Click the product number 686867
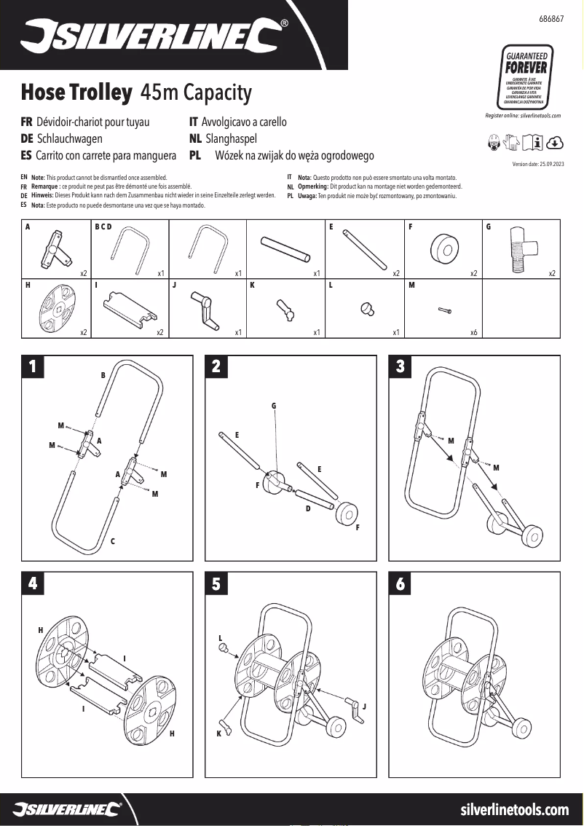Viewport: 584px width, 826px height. click(551, 17)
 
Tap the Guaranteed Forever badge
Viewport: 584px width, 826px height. click(526, 77)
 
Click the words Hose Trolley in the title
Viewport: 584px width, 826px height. click(76, 93)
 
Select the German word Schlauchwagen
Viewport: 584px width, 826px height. click(69, 138)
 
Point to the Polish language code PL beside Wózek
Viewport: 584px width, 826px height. click(195, 156)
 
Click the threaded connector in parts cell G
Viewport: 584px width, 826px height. click(522, 248)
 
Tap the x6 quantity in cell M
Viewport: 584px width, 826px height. click(473, 332)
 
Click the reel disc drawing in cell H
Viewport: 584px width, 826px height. click(56, 307)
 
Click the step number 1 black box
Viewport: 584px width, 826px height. click(32, 366)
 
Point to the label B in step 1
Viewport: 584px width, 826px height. click(103, 375)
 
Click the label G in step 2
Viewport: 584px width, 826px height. click(274, 405)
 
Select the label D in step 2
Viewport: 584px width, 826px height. click(307, 508)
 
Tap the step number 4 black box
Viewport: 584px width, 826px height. click(32, 583)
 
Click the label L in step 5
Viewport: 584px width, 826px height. click(220, 637)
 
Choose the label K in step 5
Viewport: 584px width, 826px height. click(218, 733)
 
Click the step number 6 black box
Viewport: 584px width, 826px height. click(400, 583)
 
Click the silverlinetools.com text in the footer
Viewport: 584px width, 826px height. click(515, 809)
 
